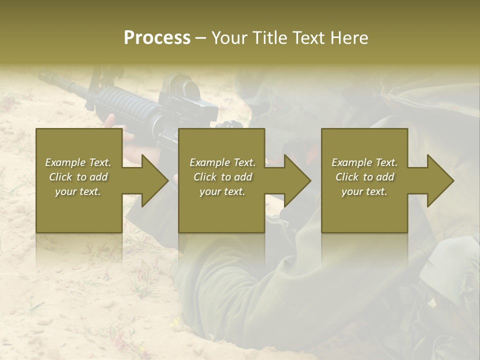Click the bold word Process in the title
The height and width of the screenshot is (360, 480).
tap(157, 38)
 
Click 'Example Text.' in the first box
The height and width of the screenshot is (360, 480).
tap(78, 162)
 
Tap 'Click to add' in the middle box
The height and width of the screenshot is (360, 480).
tap(222, 177)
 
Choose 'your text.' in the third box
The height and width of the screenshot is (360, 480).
tap(364, 191)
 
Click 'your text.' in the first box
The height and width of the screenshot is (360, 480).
tap(78, 191)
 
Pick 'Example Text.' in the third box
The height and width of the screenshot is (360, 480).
tap(364, 162)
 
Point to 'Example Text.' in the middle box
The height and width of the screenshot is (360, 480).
tap(222, 162)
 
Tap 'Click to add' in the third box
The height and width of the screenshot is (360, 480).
tap(364, 177)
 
